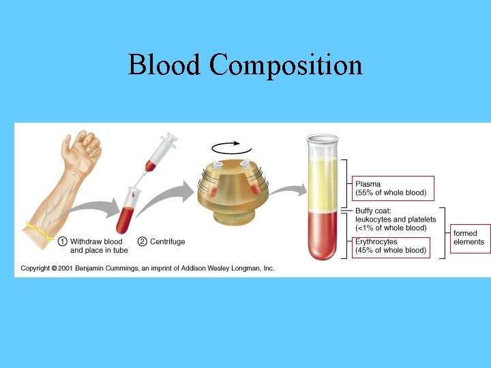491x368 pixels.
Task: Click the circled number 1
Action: coord(62,241)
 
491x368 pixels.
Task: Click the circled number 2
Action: coord(143,241)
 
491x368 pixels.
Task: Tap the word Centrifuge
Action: coord(168,241)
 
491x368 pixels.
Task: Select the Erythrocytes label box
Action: coord(391,246)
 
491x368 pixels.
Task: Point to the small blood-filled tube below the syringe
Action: coord(128,211)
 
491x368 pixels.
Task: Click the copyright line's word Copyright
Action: coord(35,269)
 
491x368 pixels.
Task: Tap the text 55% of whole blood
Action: coord(392,193)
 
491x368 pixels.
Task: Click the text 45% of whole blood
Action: coord(392,251)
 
